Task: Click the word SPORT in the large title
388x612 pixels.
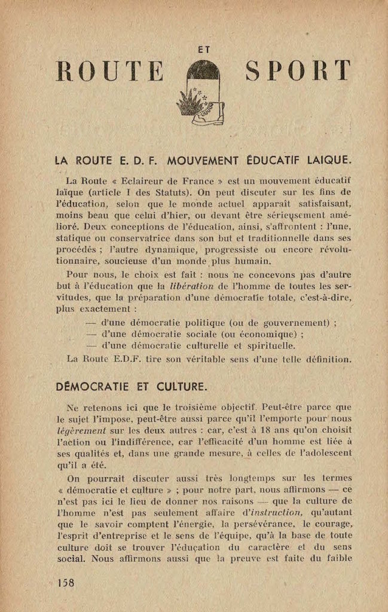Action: [x=298, y=71]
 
